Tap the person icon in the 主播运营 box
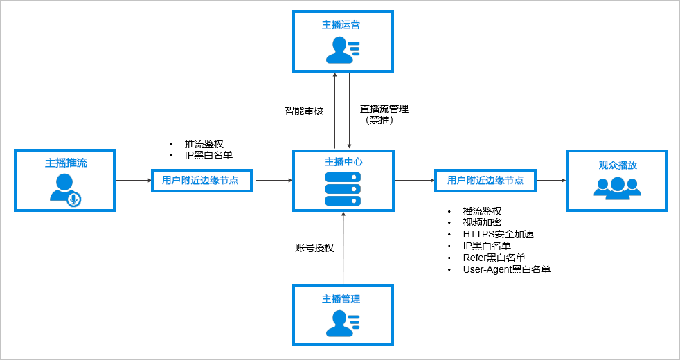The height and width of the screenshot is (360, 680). tap(343, 50)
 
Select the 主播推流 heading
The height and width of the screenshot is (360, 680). tap(66, 163)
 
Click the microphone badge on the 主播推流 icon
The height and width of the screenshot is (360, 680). tap(73, 199)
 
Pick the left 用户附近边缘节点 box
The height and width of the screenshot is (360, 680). tap(200, 180)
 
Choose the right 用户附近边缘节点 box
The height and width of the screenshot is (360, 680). tap(485, 180)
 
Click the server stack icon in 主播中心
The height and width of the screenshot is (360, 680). tap(343, 188)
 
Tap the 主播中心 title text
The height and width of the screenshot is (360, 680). tap(343, 162)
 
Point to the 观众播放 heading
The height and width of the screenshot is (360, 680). tap(618, 165)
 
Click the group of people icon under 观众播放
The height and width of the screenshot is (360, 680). tap(617, 188)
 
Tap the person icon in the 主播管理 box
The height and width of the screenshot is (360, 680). tap(343, 323)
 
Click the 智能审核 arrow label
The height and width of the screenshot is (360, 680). tap(304, 111)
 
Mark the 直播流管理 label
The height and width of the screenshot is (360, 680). tap(384, 109)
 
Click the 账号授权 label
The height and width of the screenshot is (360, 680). tap(314, 247)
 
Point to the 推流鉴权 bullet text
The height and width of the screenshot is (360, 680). tap(204, 144)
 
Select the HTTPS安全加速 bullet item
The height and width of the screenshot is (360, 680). tap(499, 234)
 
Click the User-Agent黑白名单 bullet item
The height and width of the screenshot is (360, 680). tap(507, 269)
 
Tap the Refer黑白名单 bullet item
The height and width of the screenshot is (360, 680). tap(494, 258)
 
